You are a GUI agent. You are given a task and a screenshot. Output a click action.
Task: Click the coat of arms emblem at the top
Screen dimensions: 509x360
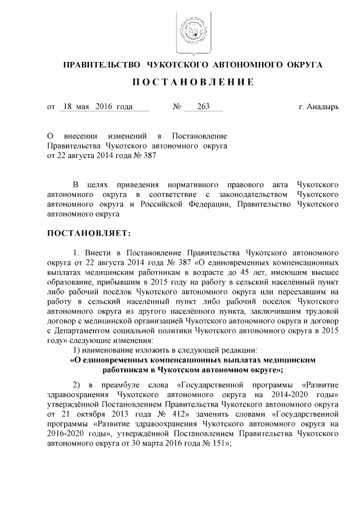click(x=191, y=31)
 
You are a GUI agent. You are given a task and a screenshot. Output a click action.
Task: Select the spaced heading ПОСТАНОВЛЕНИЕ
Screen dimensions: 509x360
click(x=192, y=83)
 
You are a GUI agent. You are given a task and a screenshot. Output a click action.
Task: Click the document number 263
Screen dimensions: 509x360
click(x=196, y=107)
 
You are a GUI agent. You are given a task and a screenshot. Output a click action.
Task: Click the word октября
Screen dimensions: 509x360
click(x=86, y=415)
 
